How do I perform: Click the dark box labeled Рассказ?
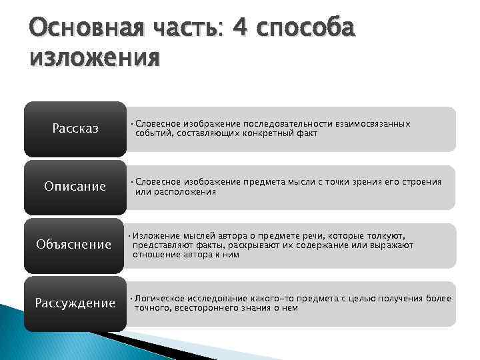coord(75,129)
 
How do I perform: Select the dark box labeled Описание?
coord(75,187)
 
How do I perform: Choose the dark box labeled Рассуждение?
coord(75,303)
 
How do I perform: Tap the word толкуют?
coord(385,236)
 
